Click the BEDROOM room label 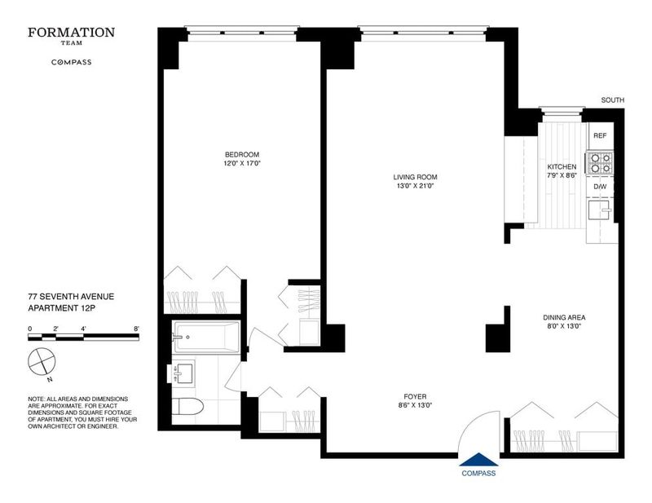pyautogui.click(x=242, y=155)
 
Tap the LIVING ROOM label pyautogui.click(x=415, y=177)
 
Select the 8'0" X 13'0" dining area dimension pyautogui.click(x=564, y=327)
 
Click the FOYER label pyautogui.click(x=415, y=397)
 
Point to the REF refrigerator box pyautogui.click(x=600, y=136)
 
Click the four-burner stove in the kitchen pyautogui.click(x=600, y=163)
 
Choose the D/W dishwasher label pyautogui.click(x=600, y=187)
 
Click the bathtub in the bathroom pyautogui.click(x=206, y=337)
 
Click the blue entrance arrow pyautogui.click(x=478, y=459)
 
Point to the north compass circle pyautogui.click(x=42, y=360)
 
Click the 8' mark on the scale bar pyautogui.click(x=136, y=329)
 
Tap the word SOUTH pyautogui.click(x=613, y=100)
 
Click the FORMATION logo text pyautogui.click(x=72, y=33)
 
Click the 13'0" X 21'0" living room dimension pyautogui.click(x=415, y=187)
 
